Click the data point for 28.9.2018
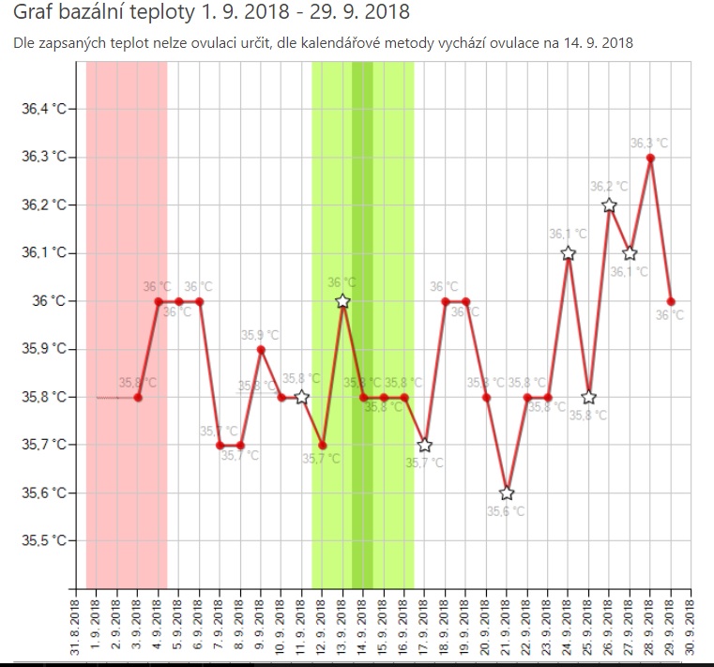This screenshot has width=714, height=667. point(650,158)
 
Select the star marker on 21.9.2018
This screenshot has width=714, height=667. point(507,493)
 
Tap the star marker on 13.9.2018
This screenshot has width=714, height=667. point(342,301)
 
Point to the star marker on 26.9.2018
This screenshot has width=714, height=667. point(609,205)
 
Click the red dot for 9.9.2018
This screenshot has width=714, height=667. point(261,349)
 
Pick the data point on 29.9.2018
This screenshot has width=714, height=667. point(671,301)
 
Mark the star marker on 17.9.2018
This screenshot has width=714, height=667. point(424,445)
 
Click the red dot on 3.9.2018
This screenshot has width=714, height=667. point(138,397)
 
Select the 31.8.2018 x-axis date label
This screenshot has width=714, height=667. point(76,627)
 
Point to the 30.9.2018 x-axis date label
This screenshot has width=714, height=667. point(691,627)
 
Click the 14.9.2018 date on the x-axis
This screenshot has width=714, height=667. point(363,627)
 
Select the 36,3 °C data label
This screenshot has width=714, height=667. point(649,144)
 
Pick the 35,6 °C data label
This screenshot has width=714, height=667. point(506,511)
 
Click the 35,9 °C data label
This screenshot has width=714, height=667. point(260,335)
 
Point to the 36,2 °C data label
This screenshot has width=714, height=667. point(608,187)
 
